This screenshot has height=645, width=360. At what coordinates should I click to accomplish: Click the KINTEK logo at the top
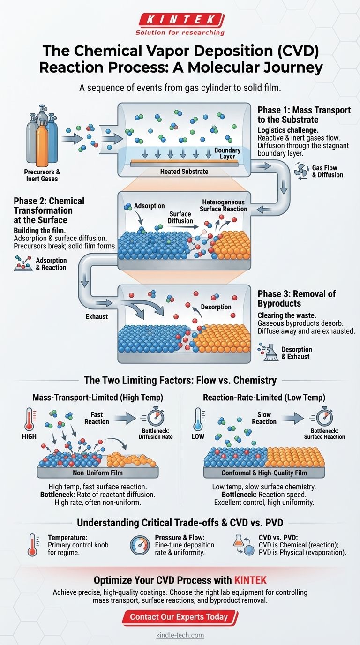180,20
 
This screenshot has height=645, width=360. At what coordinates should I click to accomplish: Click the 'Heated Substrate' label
184,172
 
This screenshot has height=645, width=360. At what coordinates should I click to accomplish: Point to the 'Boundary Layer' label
228,154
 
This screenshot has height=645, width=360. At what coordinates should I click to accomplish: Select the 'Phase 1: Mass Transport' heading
304,114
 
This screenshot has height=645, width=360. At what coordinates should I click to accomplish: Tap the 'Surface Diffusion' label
180,217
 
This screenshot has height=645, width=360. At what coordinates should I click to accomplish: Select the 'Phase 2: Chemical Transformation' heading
49,210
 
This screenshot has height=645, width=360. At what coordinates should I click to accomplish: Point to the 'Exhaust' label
97,316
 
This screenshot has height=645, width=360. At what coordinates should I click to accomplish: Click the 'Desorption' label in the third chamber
216,307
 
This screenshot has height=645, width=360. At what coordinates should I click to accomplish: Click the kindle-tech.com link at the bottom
180,635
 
